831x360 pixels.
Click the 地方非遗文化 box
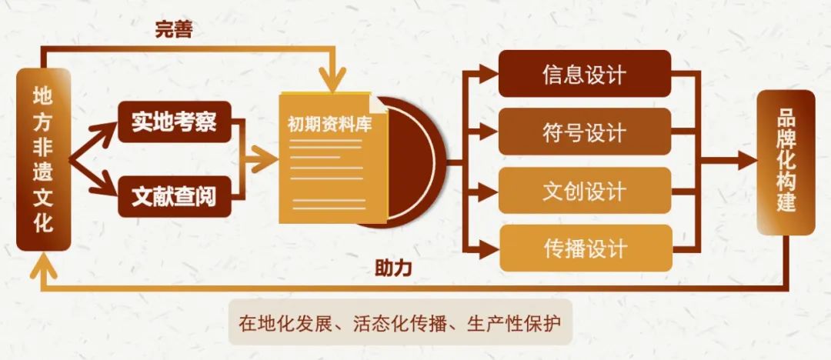(43, 159)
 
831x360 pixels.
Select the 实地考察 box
(175, 122)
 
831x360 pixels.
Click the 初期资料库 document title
(329, 125)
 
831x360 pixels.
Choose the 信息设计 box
(585, 74)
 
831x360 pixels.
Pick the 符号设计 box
(585, 132)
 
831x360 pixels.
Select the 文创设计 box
(585, 190)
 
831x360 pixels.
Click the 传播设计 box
(586, 248)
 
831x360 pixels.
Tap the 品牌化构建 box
(786, 162)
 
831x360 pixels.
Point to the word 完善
(174, 30)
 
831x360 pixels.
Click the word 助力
(393, 268)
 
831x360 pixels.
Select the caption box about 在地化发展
(400, 322)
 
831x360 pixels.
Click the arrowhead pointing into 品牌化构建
(746, 160)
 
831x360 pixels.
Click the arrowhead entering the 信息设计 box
(489, 74)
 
